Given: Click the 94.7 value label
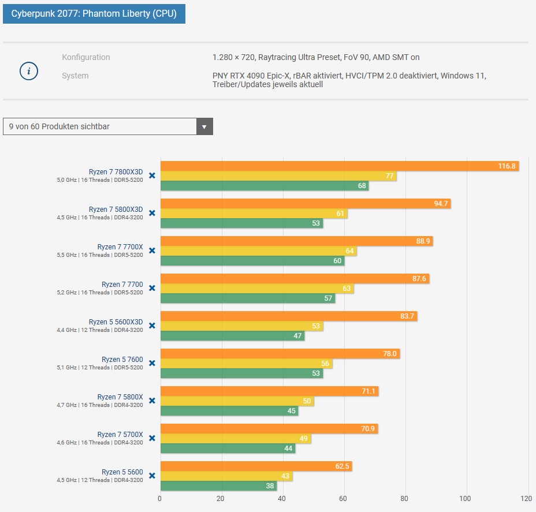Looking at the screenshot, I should point(441,204).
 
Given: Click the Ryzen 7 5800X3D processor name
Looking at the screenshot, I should point(116,210).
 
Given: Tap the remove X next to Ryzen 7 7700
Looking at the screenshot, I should point(152,288).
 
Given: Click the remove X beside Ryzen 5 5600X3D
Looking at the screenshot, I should point(152,326).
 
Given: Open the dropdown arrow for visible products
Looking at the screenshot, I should point(204,126).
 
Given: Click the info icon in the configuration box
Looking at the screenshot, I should point(29,72).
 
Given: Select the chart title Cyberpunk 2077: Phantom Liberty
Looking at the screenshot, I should point(94,13).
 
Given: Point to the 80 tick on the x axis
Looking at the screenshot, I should point(404,499).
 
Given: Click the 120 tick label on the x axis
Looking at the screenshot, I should point(526,499).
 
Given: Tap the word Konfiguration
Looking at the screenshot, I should point(85,57).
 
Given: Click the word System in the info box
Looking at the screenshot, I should point(75,76).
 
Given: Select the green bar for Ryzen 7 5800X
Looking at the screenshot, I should point(229,411).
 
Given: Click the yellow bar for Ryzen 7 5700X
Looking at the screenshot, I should point(236,439).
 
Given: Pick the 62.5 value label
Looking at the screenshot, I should point(343,466).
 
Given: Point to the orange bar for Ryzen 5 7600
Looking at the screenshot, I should point(280,354).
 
